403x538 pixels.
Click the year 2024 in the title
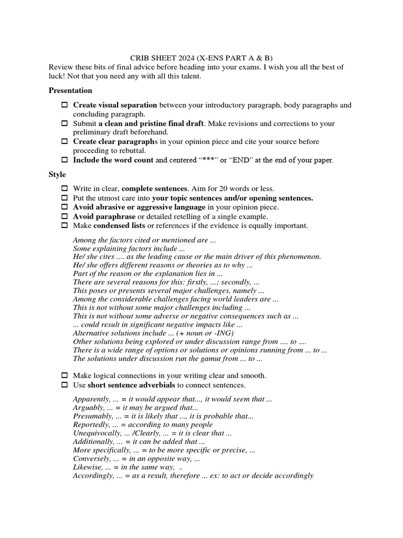click(178, 58)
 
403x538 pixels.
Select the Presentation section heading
click(70, 90)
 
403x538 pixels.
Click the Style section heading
click(58, 175)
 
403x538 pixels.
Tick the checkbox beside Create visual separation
click(65, 106)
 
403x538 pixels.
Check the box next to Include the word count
click(65, 160)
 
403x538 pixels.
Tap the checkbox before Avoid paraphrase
click(65, 216)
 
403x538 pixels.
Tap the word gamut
click(200, 359)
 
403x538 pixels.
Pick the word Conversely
click(91, 459)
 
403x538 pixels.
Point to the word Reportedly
click(91, 425)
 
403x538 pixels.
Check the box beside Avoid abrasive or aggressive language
click(65, 208)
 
